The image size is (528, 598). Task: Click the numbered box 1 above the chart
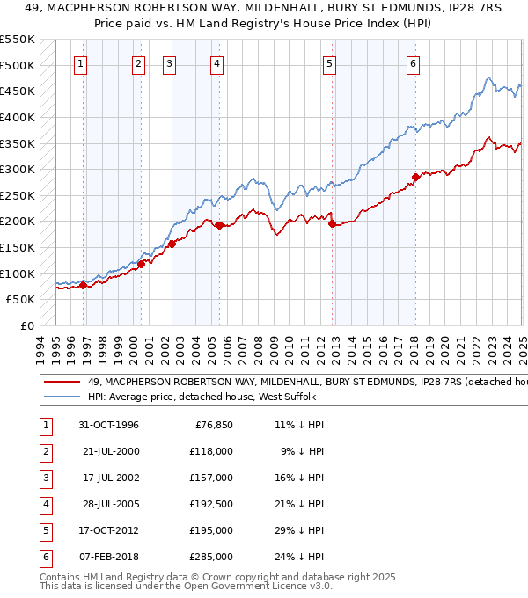click(81, 63)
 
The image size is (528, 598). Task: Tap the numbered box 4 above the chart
click(216, 63)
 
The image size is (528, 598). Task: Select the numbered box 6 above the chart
click(413, 63)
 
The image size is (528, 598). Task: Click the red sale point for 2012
click(332, 224)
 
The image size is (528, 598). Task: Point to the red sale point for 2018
click(414, 177)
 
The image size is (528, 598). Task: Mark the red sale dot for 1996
click(83, 285)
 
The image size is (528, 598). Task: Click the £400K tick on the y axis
click(18, 117)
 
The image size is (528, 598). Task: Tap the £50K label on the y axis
click(21, 300)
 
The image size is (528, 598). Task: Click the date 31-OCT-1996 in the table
click(109, 425)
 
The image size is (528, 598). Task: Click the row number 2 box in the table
click(46, 453)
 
